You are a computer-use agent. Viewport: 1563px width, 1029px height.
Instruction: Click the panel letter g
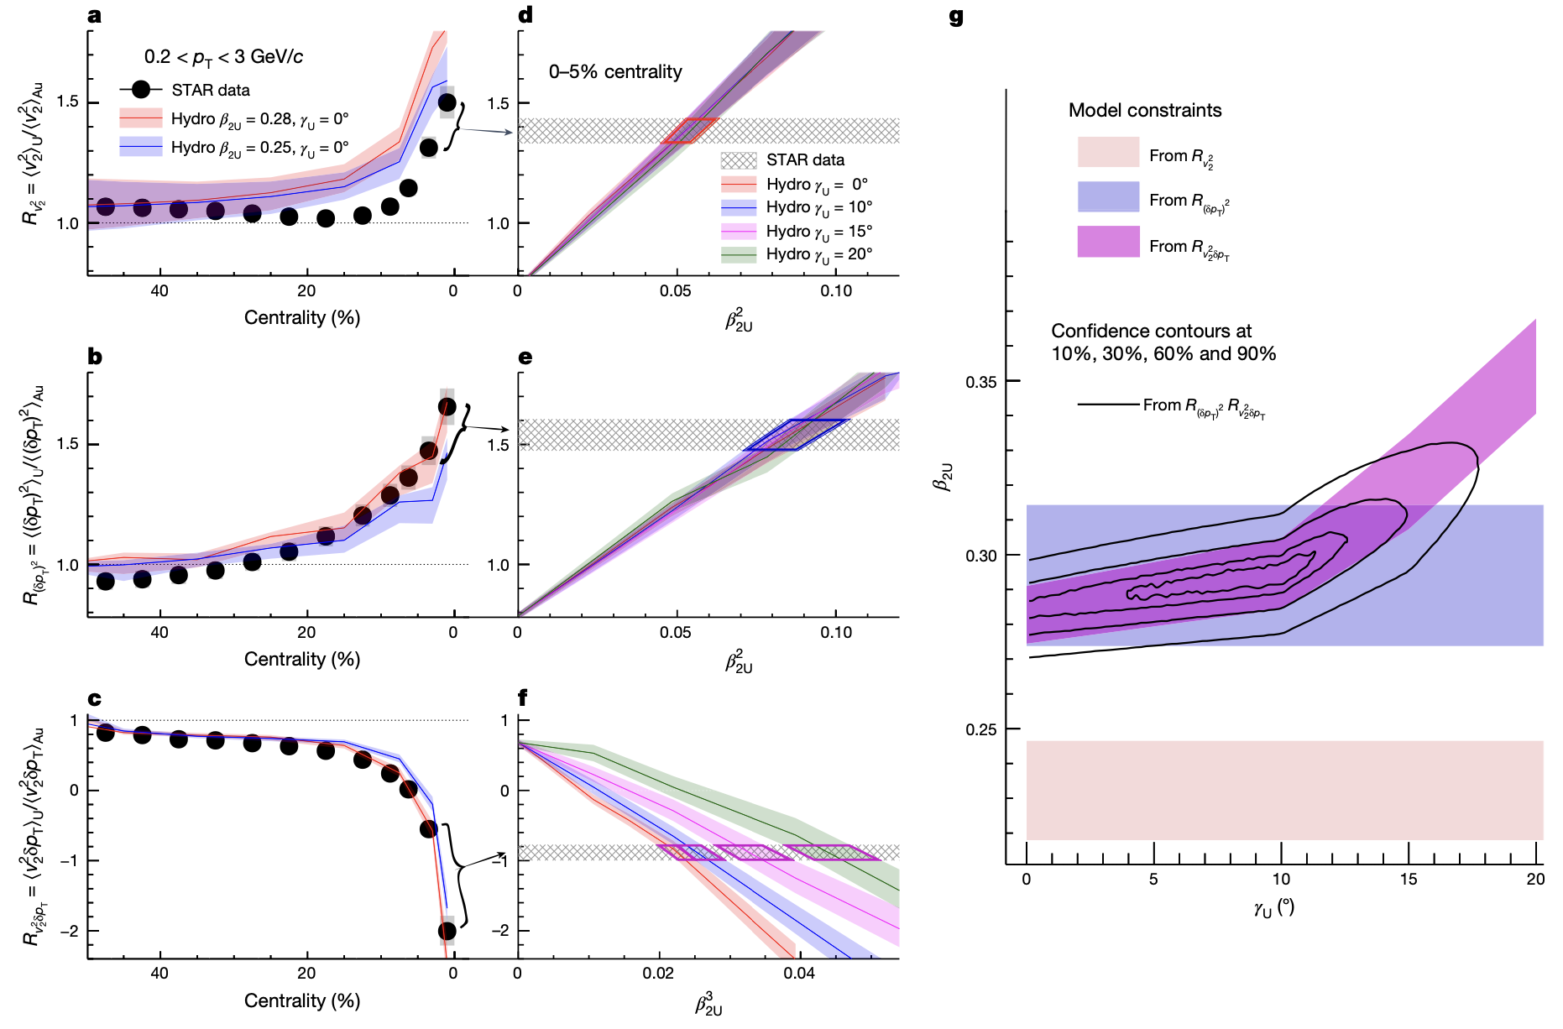point(956,16)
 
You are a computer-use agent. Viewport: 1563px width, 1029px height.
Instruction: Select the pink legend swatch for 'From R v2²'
point(1108,153)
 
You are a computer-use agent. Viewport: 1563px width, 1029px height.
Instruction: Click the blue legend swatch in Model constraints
point(1108,197)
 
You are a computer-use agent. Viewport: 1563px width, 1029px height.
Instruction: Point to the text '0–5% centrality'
point(615,72)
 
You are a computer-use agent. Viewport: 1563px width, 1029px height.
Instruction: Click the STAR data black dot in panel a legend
point(141,90)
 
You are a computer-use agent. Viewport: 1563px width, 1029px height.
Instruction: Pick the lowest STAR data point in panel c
point(447,931)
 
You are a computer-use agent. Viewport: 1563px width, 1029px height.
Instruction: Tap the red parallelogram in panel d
point(688,131)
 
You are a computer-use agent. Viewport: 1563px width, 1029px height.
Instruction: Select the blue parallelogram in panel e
point(797,435)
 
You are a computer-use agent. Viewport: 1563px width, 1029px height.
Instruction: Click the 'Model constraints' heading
point(1144,111)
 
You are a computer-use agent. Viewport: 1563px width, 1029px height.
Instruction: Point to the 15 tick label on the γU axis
point(1408,880)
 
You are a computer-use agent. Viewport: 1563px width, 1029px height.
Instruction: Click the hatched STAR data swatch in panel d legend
point(739,160)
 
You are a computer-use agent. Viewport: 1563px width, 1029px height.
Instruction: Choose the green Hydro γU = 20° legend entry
point(739,254)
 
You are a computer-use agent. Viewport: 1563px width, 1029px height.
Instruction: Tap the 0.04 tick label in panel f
point(799,974)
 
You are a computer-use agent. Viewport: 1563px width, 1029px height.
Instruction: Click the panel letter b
point(95,358)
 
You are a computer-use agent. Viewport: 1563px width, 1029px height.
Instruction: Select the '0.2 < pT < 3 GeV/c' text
point(223,57)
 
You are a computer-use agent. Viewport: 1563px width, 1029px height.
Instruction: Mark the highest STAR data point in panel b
point(447,407)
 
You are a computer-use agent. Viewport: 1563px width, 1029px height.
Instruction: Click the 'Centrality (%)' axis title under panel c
point(302,1000)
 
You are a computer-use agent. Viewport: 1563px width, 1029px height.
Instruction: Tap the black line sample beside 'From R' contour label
point(1108,405)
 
